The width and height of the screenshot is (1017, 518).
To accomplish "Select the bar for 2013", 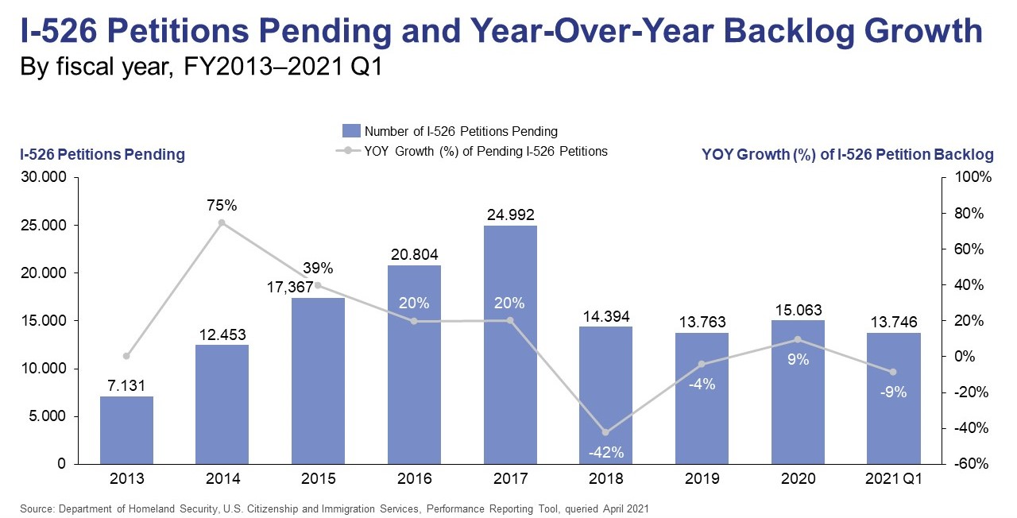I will [127, 430].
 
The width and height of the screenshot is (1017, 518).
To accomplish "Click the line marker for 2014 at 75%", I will [222, 223].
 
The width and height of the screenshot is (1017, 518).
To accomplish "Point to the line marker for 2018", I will [606, 432].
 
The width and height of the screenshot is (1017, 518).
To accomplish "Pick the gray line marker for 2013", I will [126, 356].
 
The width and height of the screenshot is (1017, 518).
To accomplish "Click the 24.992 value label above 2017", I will [510, 215].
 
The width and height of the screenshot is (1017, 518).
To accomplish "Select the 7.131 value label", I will [127, 385].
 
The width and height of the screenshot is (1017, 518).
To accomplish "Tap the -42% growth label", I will [606, 454].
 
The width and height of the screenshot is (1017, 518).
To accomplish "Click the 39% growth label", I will [318, 268].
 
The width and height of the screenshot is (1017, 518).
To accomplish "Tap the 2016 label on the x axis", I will [414, 479].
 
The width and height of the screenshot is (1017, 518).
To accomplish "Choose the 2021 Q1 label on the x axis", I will [894, 479].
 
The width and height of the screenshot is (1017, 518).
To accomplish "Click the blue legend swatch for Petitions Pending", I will [350, 131].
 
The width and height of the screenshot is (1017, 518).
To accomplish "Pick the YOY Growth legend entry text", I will [485, 151].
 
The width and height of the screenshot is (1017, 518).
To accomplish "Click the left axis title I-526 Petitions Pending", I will [102, 155].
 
